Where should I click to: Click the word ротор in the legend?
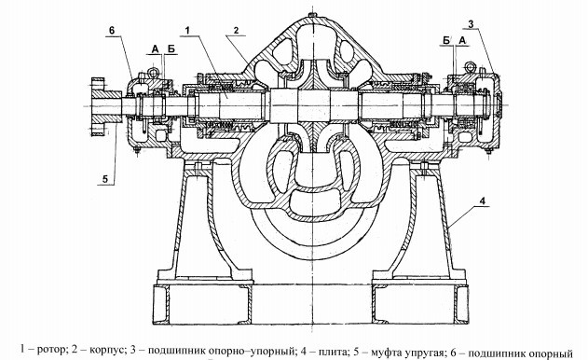coord(46,349)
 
